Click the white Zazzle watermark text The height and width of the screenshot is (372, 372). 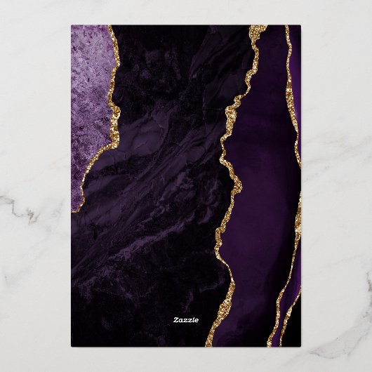(x=186, y=319)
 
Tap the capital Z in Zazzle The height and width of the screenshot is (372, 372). (x=176, y=319)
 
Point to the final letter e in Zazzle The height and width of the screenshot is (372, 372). (x=197, y=319)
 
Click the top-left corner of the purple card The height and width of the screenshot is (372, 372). (x=72, y=26)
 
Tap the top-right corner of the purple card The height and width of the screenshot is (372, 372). (x=300, y=26)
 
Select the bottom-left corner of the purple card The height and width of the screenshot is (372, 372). (x=72, y=346)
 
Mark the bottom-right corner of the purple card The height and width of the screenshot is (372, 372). (x=300, y=346)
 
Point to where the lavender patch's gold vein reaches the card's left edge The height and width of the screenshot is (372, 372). (x=72, y=210)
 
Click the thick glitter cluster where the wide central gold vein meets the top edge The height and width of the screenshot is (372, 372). (x=258, y=29)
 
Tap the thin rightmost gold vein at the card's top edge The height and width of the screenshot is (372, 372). (x=286, y=28)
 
